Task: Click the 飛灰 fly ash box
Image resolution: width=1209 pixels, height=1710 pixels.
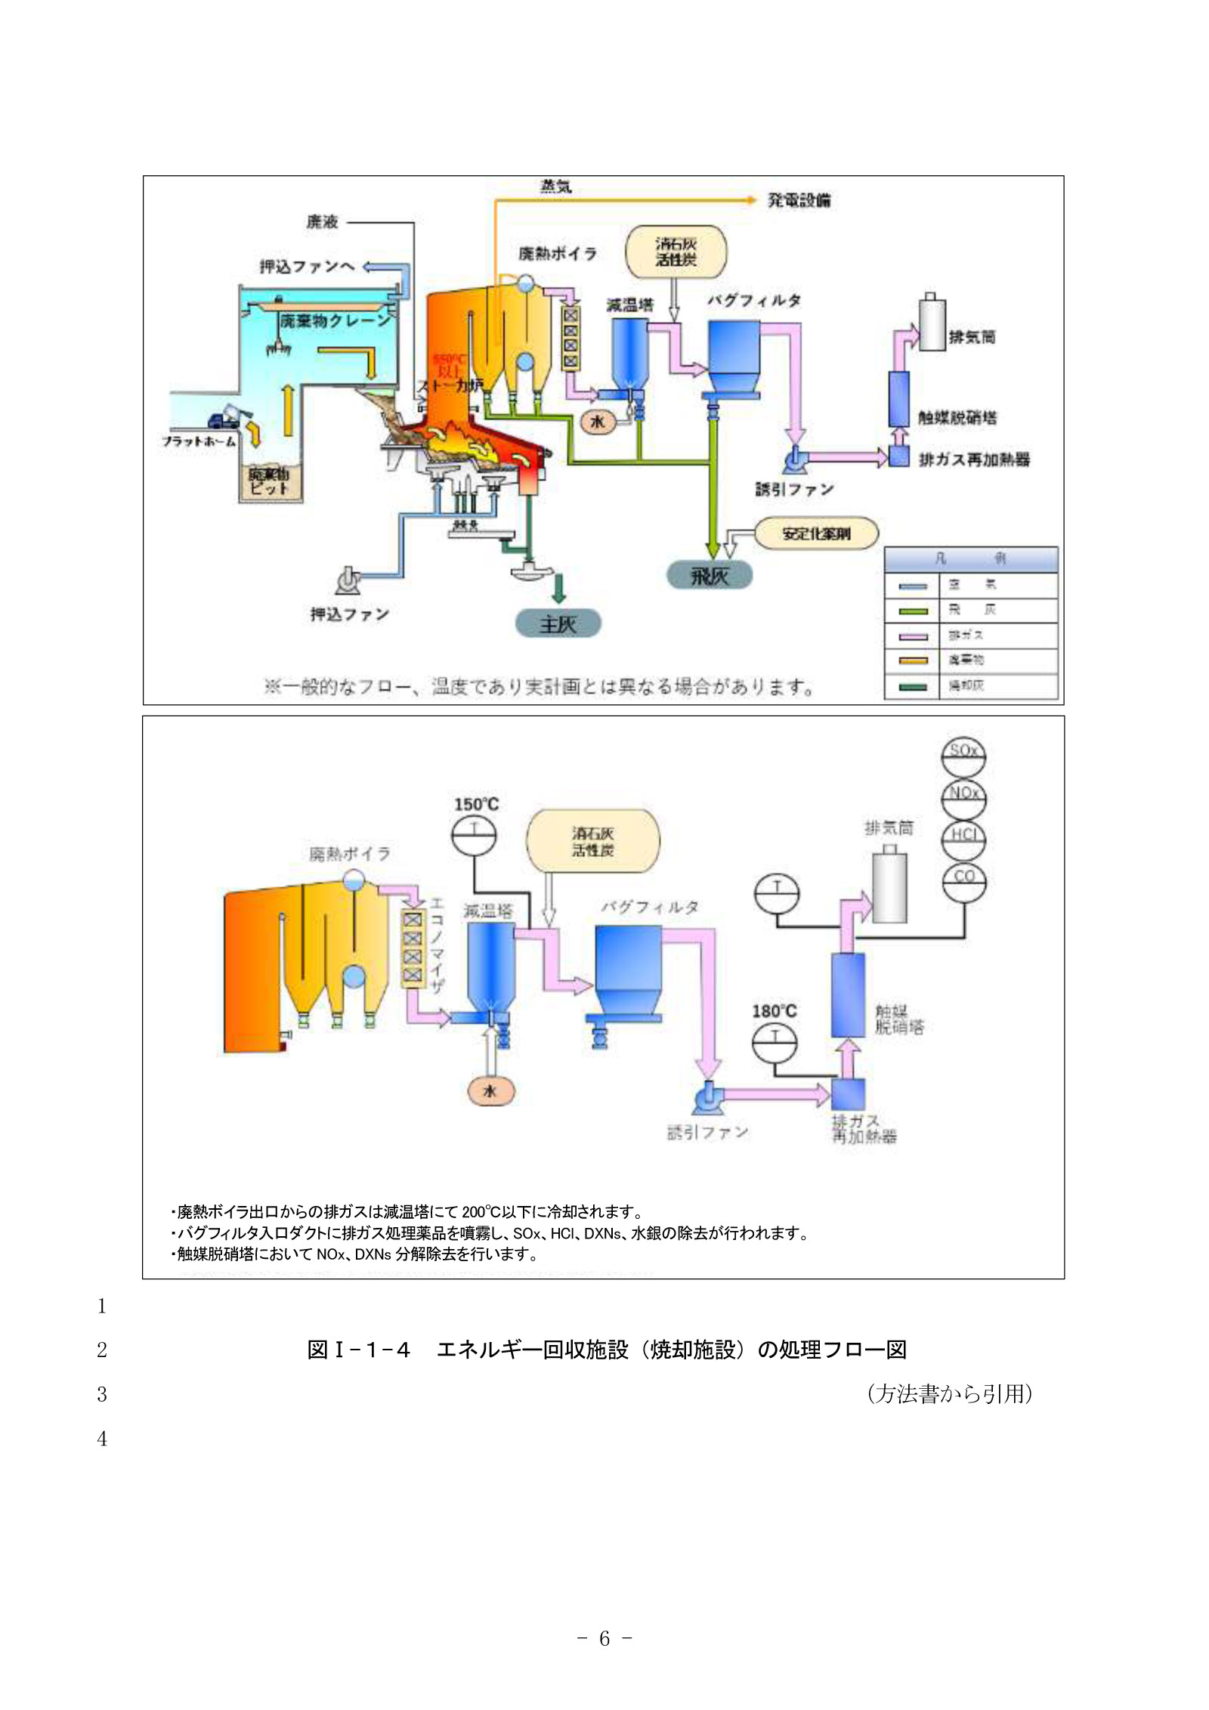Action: pos(709,577)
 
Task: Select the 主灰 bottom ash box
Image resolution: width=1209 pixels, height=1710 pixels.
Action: pos(558,624)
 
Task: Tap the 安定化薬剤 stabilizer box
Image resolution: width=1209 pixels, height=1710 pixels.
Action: pos(816,533)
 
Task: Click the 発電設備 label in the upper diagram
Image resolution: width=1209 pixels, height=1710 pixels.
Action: pos(799,200)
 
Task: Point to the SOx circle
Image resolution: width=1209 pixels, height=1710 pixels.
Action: pos(963,756)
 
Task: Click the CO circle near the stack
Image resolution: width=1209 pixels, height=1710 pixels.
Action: pos(964,882)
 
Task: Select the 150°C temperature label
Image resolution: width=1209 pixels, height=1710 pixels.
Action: pos(476,805)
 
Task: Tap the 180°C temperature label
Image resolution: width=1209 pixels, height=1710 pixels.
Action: pos(774,1011)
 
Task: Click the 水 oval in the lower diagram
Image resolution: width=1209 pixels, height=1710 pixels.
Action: pos(490,1091)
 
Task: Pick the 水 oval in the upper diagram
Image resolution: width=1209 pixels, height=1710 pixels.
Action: pos(597,422)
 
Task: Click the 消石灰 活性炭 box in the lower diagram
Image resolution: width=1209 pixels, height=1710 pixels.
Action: pos(592,842)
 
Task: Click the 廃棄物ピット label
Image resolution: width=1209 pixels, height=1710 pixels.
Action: pos(269,481)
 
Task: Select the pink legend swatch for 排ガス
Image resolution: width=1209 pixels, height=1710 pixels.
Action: pos(913,636)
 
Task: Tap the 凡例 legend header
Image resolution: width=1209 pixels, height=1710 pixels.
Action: pos(970,559)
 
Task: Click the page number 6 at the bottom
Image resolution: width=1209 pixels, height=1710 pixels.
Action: pos(604,1638)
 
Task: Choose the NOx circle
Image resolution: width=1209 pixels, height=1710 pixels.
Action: pos(964,797)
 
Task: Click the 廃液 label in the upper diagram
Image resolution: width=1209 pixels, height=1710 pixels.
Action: pos(322,222)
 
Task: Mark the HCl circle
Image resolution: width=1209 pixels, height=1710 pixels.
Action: pos(964,839)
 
